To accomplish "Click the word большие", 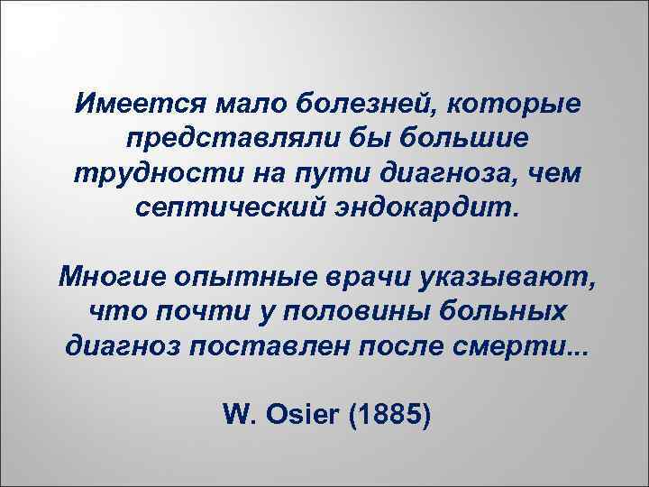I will click(x=460, y=140).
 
